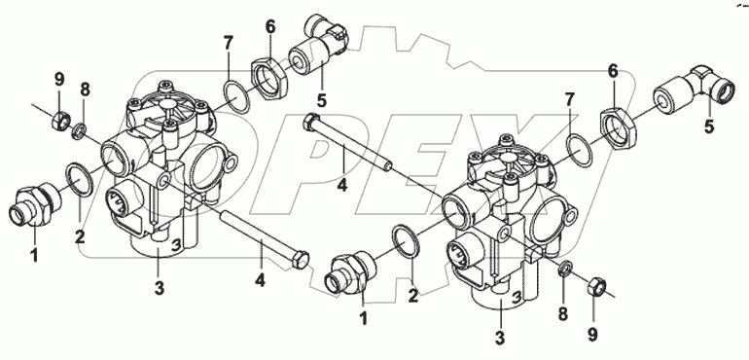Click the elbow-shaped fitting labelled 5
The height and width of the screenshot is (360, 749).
tap(688, 90)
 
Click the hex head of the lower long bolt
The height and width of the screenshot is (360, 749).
tap(299, 260)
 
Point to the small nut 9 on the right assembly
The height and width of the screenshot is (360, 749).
tap(594, 286)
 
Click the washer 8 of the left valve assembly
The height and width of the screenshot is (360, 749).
tap(81, 130)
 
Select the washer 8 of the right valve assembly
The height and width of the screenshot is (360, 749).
tap(565, 269)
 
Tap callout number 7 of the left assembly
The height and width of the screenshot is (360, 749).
tap(228, 44)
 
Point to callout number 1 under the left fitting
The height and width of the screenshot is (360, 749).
tap(34, 255)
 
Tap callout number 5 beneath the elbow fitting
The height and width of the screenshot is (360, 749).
tap(709, 127)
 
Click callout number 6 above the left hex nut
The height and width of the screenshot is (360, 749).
tap(270, 27)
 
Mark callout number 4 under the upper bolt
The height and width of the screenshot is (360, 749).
tap(342, 185)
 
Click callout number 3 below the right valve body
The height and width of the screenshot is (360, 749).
tap(500, 338)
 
